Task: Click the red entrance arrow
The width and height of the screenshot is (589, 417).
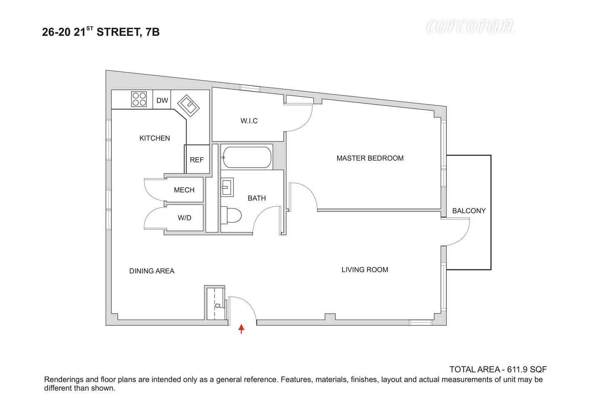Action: tap(241, 329)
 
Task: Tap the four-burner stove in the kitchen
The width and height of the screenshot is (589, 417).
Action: tap(139, 99)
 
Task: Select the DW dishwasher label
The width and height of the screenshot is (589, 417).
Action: tap(162, 100)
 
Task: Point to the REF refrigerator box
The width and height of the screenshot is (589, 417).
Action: tap(197, 160)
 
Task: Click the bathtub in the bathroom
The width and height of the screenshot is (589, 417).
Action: tap(246, 157)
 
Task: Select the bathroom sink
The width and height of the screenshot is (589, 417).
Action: tap(227, 187)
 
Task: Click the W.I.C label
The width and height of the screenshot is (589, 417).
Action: tap(249, 121)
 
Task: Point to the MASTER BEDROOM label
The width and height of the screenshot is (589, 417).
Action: tap(370, 158)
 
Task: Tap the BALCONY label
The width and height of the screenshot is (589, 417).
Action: tap(469, 211)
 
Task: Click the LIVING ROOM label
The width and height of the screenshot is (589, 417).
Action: tap(365, 270)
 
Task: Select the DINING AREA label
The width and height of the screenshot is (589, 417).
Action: tap(152, 271)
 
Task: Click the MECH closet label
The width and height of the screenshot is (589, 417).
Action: tap(184, 190)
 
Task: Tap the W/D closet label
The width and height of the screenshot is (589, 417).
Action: tap(184, 218)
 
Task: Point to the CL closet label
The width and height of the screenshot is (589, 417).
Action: tap(218, 306)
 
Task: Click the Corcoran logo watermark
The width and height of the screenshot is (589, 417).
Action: tap(469, 27)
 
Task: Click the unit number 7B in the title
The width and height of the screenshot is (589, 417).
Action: tap(152, 32)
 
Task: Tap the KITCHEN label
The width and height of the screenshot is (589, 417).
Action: tap(154, 138)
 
